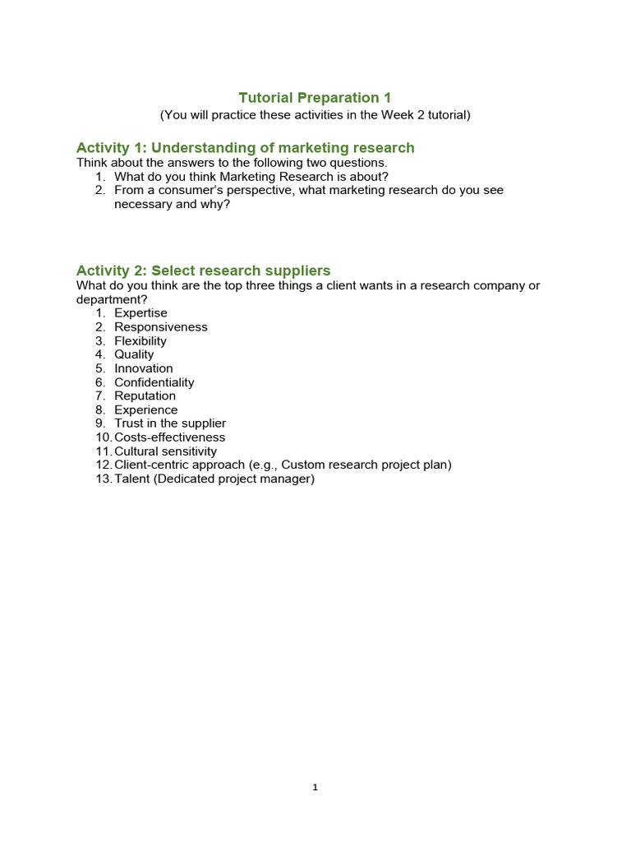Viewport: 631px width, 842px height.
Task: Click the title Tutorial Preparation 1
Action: [x=315, y=98]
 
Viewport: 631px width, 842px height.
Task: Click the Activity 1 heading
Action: [x=245, y=148]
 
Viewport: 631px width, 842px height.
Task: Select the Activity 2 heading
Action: [x=203, y=271]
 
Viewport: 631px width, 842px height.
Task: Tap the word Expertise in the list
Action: [x=140, y=313]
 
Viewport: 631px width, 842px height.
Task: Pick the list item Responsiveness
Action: [x=161, y=327]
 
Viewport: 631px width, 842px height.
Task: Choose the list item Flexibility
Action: [x=140, y=341]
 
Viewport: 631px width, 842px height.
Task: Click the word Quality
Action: [x=134, y=354]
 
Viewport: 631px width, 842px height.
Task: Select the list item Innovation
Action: [x=144, y=368]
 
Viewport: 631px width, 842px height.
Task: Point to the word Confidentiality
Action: [x=154, y=382]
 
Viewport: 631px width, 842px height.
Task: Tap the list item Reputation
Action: [x=145, y=396]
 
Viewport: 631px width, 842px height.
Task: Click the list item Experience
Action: [x=145, y=409]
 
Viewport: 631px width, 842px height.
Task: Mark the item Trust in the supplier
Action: [x=170, y=423]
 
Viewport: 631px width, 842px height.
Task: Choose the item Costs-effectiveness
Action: [x=169, y=437]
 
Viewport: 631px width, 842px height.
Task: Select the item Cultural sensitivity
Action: [x=165, y=451]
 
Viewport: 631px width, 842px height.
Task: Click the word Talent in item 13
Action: [x=131, y=479]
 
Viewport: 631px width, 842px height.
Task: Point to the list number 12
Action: [x=103, y=465]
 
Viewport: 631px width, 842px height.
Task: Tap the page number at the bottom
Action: [x=315, y=787]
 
